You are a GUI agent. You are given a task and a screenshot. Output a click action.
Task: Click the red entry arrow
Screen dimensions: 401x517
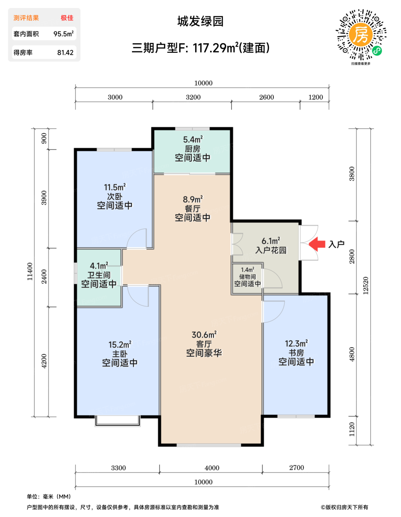tap(317, 244)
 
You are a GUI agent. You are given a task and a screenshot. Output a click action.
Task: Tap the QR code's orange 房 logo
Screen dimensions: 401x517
tap(361, 34)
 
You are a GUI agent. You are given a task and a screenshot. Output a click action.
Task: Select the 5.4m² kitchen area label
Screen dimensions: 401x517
tap(192, 140)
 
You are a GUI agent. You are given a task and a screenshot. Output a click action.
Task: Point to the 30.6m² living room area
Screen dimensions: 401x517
tap(204, 335)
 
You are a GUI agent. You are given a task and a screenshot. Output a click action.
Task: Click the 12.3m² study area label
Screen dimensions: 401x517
tap(296, 343)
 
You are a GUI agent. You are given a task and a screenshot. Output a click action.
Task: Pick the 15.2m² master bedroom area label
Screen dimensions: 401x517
tap(119, 345)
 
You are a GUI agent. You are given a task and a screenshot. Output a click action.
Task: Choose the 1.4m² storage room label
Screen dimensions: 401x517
tap(247, 270)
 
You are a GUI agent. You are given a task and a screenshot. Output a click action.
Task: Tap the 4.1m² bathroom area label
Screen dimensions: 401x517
tap(99, 266)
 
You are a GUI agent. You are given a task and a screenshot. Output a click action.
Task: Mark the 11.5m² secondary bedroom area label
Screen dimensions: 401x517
tap(115, 188)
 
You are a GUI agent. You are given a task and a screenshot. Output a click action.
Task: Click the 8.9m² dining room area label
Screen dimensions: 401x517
tap(192, 199)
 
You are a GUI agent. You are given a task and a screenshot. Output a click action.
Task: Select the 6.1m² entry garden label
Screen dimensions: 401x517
tap(271, 241)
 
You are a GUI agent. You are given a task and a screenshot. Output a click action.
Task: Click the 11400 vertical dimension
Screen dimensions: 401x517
tap(30, 271)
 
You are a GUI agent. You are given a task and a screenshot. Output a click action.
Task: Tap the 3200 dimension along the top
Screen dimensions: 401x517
tap(193, 97)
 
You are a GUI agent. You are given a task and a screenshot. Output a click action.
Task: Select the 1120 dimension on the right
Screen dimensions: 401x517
tap(352, 429)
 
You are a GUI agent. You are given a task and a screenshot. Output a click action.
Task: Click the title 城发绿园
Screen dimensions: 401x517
tap(200, 21)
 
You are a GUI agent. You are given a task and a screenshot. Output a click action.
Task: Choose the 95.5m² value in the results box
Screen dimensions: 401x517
tap(63, 34)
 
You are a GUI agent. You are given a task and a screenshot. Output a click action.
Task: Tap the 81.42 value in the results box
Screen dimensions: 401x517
tap(65, 52)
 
